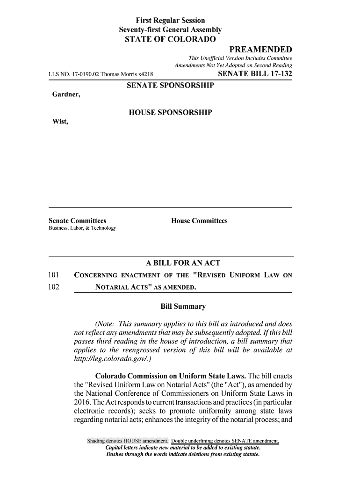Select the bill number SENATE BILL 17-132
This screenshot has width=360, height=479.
coord(255,73)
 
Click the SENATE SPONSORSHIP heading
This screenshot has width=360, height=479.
coord(170,86)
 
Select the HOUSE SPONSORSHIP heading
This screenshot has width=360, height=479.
coord(170,113)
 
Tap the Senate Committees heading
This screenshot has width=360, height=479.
coord(78,220)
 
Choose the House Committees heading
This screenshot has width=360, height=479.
coord(199,220)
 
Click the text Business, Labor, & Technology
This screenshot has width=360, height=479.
coord(82,228)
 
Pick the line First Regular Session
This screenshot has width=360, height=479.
coord(170,21)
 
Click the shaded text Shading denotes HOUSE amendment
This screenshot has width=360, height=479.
coord(128,441)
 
